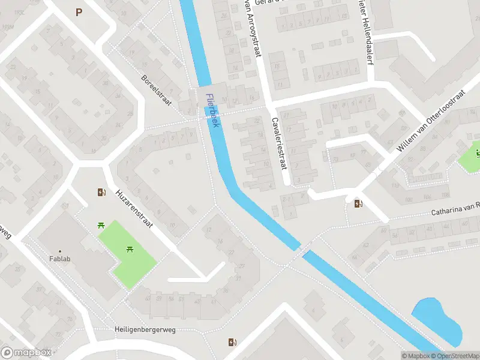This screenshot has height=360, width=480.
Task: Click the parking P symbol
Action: click(x=79, y=11)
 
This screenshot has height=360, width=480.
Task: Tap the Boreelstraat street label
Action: click(x=156, y=91)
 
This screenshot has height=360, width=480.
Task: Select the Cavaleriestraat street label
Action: click(x=280, y=142)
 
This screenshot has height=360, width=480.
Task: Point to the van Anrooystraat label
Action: click(x=253, y=28)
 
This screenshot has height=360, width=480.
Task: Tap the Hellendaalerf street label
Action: click(x=366, y=36)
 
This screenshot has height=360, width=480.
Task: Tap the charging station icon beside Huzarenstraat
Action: click(x=101, y=193)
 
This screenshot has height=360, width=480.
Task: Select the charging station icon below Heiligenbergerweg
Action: click(x=232, y=343)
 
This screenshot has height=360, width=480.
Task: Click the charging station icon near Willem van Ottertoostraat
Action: click(x=358, y=203)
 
